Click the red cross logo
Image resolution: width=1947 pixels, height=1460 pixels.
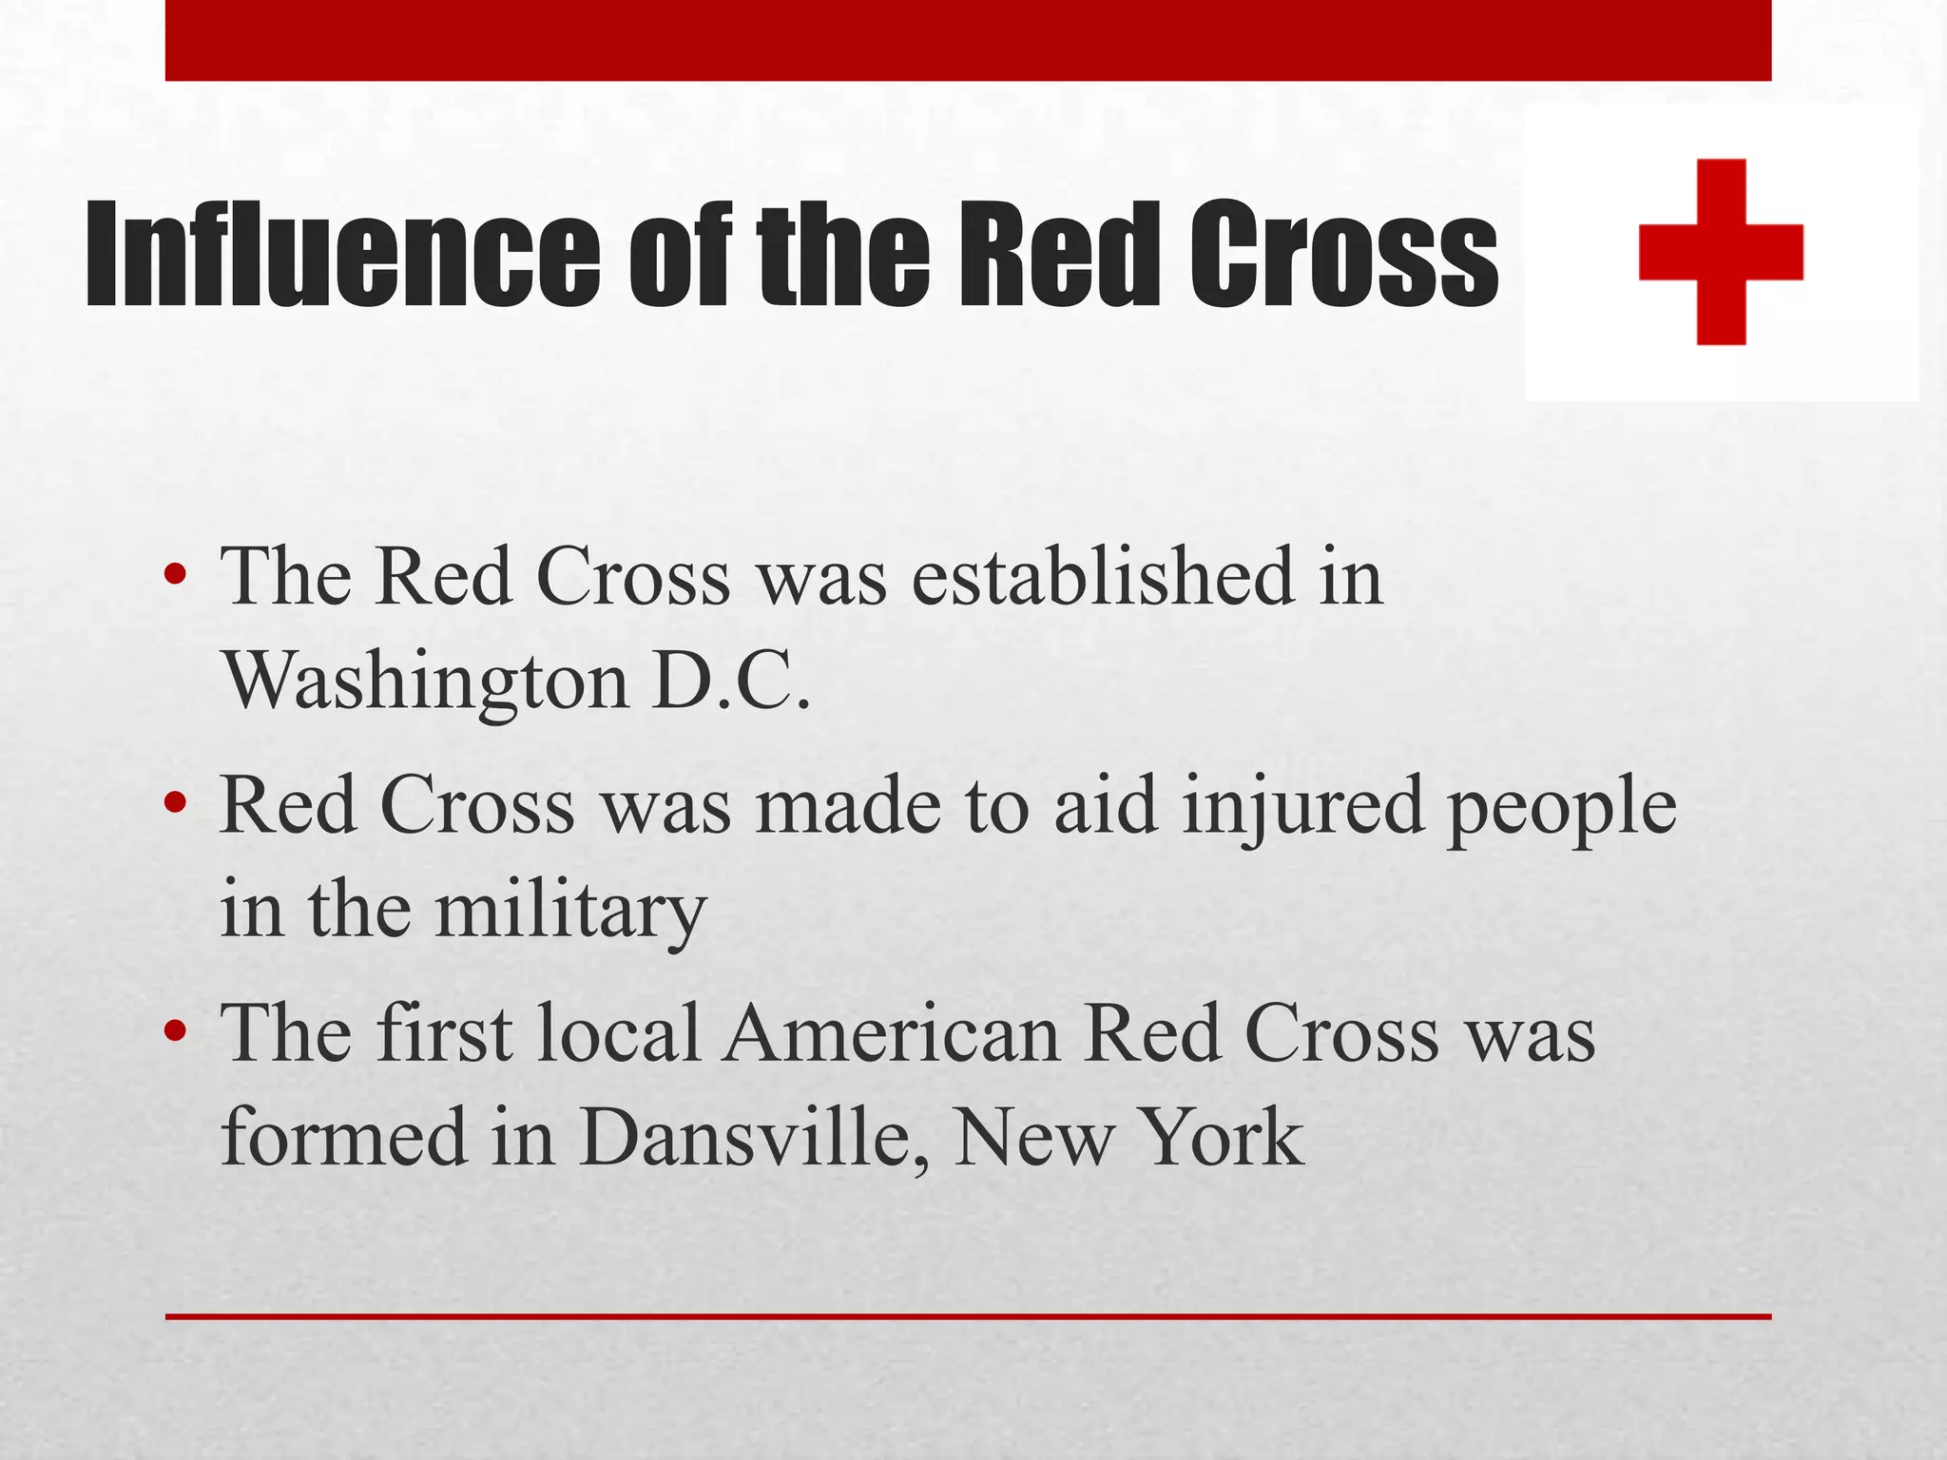point(1721,251)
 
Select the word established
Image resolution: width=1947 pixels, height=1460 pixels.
point(1103,577)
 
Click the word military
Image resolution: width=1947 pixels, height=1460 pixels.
point(570,911)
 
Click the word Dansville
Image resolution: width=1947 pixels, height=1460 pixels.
point(752,1138)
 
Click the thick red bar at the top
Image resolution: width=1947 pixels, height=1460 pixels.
point(968,40)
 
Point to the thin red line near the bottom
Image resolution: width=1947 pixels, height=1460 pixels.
point(968,1316)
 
